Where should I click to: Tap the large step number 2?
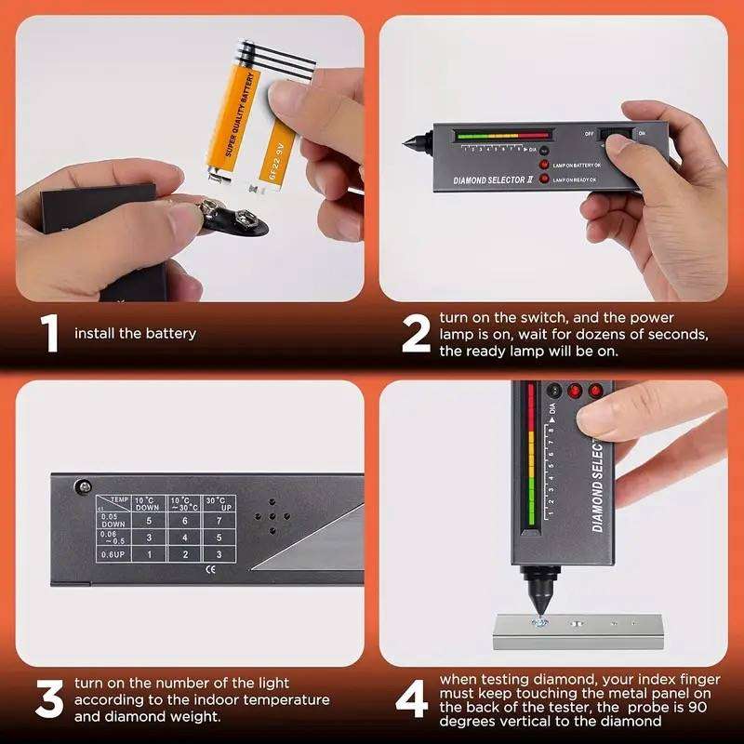click(415, 334)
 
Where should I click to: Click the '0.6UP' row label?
click(112, 555)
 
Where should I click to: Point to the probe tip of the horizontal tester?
click(407, 145)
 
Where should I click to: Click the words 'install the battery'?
click(135, 333)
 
